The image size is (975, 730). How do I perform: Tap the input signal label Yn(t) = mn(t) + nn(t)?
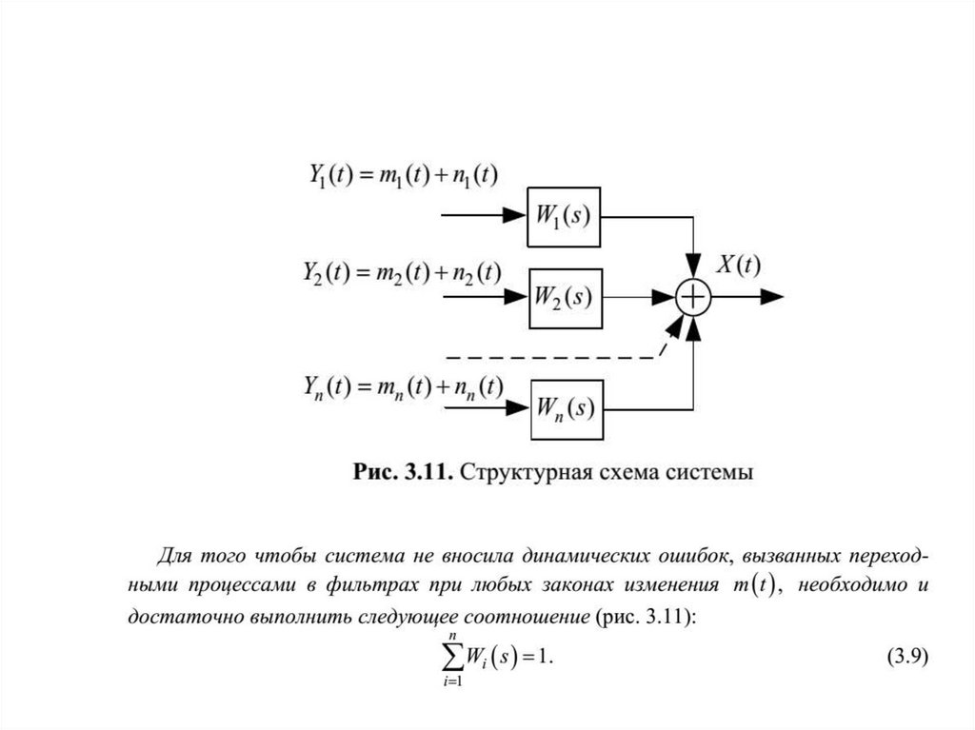click(x=404, y=386)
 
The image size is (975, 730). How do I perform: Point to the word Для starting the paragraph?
click(x=174, y=556)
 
